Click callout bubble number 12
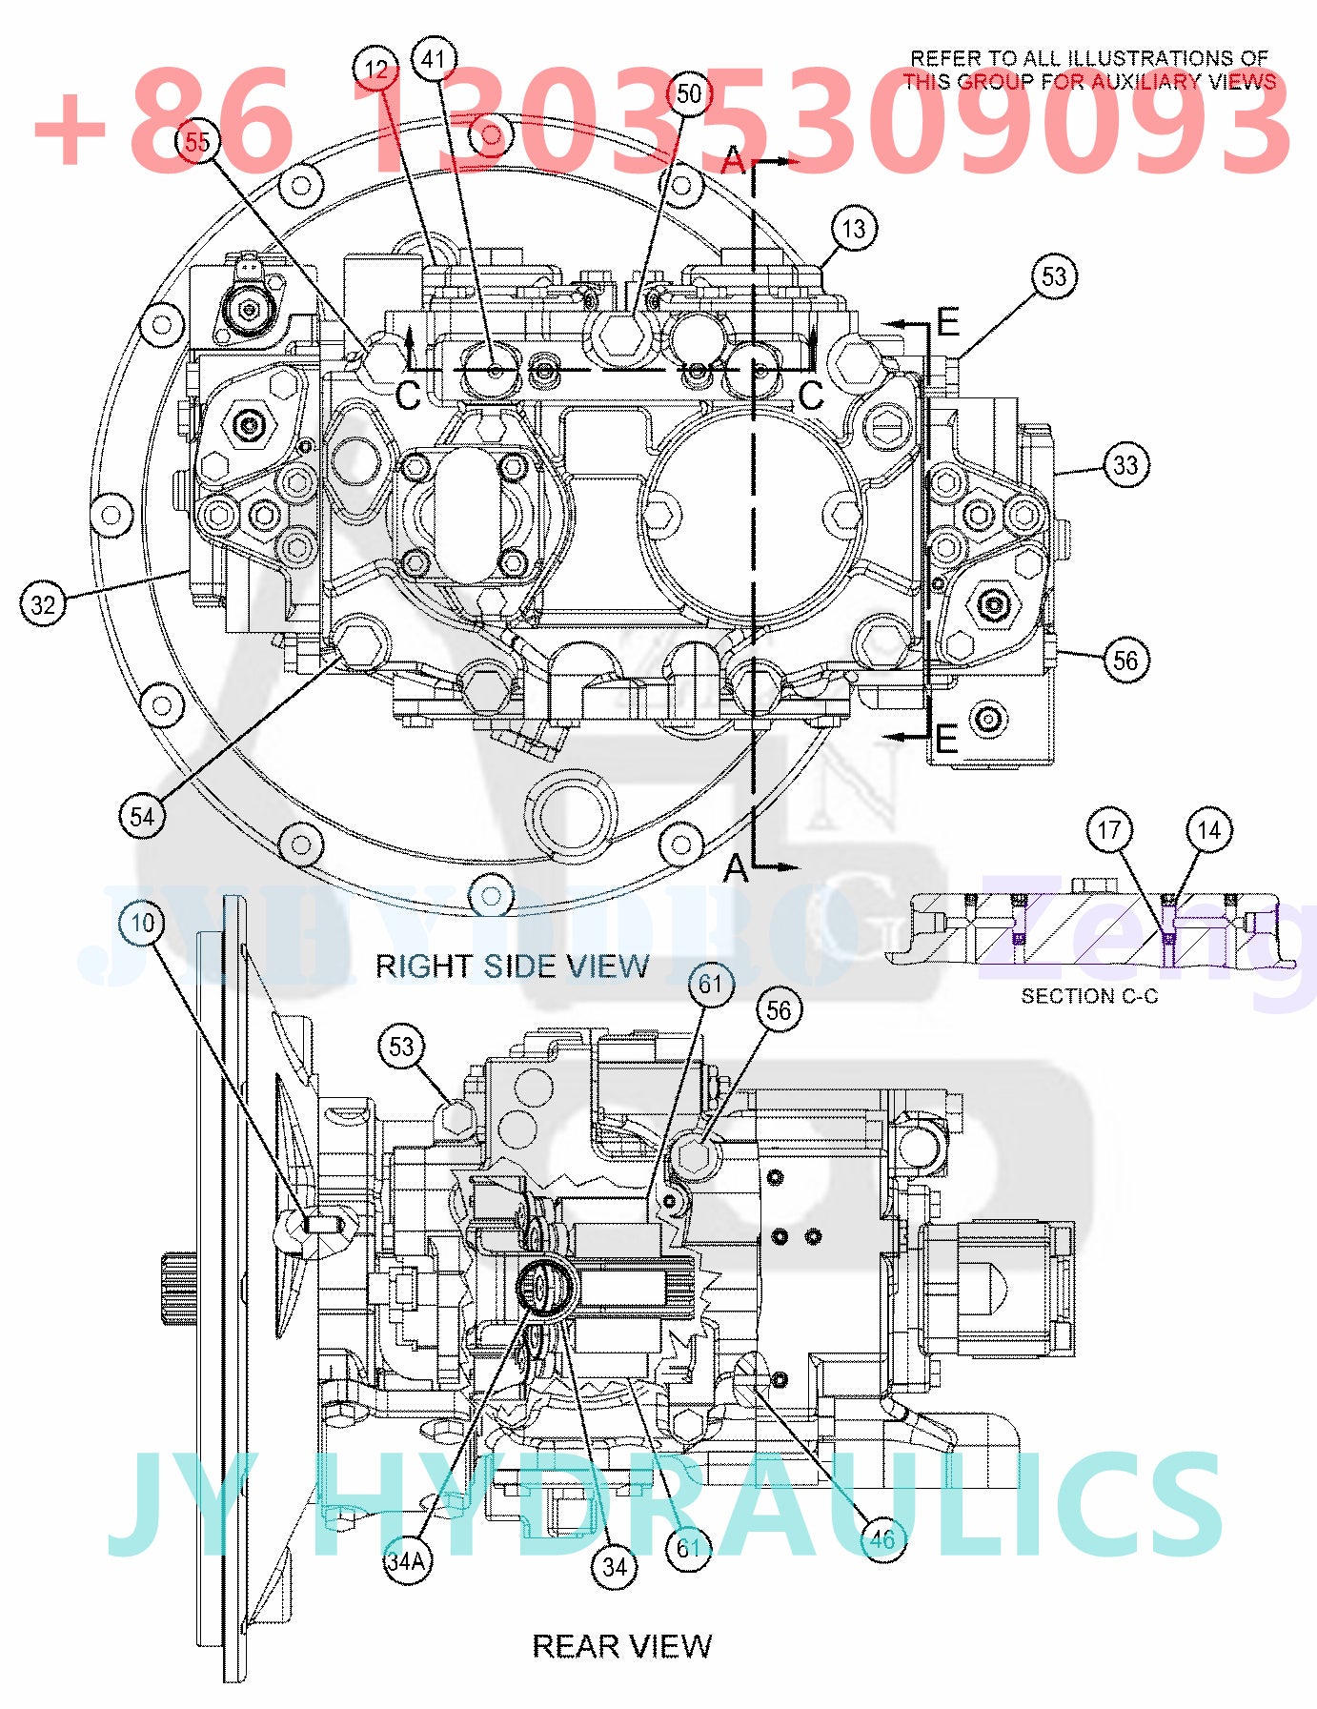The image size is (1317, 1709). coord(375,70)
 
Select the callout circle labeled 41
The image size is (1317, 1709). coord(434,59)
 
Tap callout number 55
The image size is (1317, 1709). coord(197,143)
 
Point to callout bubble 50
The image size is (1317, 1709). coord(688,93)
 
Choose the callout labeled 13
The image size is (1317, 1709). coord(853,229)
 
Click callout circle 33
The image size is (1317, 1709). coord(1125,465)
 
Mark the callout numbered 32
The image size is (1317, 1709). coord(43,604)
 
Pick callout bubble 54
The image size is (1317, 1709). coord(142,816)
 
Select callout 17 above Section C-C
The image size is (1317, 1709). coord(1109,830)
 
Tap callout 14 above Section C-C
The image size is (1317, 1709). coord(1208,830)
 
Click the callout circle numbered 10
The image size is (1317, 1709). coord(142,923)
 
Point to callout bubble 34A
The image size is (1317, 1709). coord(407,1561)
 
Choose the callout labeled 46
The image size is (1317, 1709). coord(881,1538)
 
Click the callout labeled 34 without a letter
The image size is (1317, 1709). coord(615,1566)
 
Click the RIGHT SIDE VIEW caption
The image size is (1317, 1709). coord(512,966)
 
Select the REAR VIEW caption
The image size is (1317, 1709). coord(621,1646)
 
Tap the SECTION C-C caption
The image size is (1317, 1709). coord(1089,996)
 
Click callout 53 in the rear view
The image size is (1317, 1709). coord(401,1047)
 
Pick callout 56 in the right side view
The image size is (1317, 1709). coord(1125,660)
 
